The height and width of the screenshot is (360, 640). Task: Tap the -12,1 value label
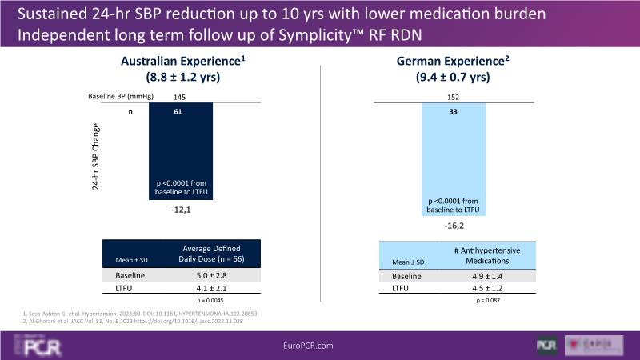181,210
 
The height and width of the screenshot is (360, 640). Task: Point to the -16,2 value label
454,226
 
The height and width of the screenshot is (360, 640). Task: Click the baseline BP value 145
180,96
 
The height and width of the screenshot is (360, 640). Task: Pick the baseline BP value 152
454,97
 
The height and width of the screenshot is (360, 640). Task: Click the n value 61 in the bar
180,113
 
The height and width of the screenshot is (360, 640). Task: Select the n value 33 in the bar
454,113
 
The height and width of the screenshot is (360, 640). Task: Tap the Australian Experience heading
182,62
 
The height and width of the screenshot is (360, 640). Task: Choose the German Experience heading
454,62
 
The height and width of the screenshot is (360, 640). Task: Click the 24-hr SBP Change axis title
95,148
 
